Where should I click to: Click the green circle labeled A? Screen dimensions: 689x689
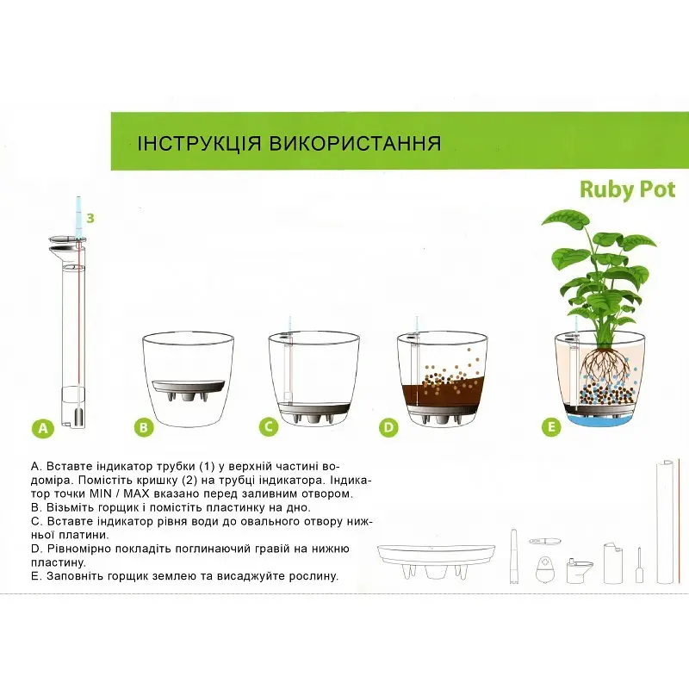tap(42, 427)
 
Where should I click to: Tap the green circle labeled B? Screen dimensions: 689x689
tap(144, 427)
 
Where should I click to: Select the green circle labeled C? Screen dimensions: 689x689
tap(269, 426)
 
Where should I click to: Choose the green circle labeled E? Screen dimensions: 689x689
tap(552, 426)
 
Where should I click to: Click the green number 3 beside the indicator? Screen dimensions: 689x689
tap(90, 218)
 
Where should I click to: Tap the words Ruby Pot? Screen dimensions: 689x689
tap(628, 190)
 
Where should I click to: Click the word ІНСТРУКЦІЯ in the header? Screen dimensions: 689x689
tap(200, 144)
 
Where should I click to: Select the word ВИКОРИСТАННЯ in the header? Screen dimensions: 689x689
tap(355, 144)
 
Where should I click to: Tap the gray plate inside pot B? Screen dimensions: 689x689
tap(189, 389)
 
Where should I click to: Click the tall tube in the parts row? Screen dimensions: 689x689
tap(665, 522)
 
